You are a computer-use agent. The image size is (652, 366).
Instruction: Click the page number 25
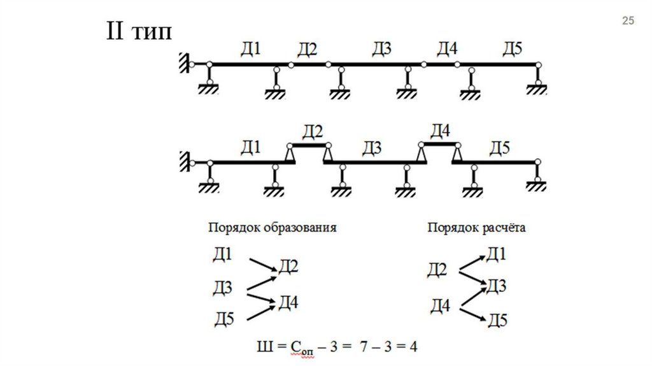[628, 22]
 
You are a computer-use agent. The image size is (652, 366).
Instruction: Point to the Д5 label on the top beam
[512, 48]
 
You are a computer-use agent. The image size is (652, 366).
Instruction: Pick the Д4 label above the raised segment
[440, 131]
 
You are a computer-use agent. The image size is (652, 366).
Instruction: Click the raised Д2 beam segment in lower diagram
[309, 145]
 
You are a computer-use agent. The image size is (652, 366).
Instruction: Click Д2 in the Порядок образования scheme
[288, 267]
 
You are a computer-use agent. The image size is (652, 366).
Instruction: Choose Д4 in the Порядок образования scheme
[288, 302]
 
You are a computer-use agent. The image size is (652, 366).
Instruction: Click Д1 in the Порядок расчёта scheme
[496, 256]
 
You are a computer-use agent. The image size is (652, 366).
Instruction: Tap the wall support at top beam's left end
[184, 63]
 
